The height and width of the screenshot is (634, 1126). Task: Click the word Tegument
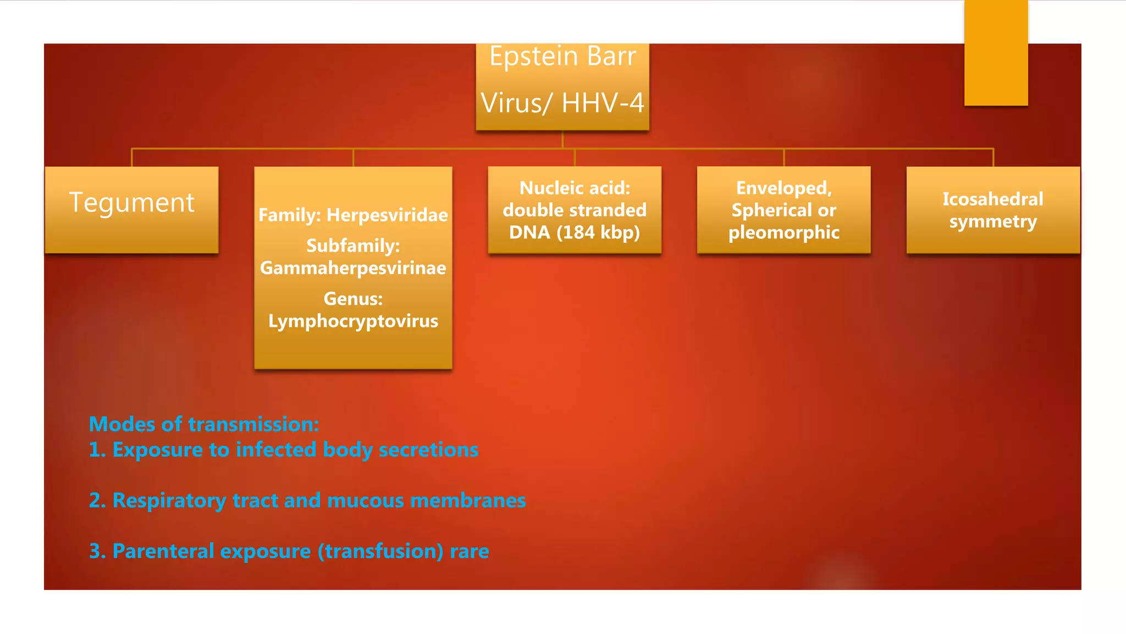(131, 203)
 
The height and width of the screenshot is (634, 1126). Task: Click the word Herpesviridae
(387, 215)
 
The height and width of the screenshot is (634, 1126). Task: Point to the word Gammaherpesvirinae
(353, 268)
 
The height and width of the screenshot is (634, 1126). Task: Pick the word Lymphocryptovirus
(353, 321)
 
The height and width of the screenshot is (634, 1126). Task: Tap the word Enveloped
(783, 188)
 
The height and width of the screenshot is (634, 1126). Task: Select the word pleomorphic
(783, 233)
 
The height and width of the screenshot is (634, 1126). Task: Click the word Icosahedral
(992, 199)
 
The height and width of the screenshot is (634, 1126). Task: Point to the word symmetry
(992, 222)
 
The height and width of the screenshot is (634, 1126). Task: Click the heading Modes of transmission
(204, 424)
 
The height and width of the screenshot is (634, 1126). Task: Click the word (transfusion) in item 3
(380, 551)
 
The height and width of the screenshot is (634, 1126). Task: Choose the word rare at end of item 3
(469, 551)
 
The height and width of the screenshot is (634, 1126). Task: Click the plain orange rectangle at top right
(996, 52)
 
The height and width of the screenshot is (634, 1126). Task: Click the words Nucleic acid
(575, 188)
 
